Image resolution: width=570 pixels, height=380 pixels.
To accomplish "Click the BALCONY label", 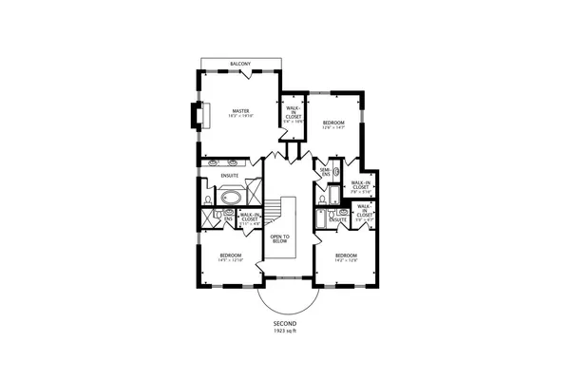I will [x=240, y=65].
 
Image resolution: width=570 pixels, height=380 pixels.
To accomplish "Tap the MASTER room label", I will [x=239, y=111].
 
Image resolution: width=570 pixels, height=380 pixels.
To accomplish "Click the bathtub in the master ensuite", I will [x=231, y=199].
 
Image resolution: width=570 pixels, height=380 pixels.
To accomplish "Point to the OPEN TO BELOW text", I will [x=279, y=239].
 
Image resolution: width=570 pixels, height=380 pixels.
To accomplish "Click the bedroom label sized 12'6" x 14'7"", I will [x=332, y=123].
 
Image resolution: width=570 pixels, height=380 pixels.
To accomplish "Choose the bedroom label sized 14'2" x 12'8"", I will [x=346, y=256].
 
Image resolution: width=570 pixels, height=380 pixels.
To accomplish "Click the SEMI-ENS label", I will [x=325, y=173].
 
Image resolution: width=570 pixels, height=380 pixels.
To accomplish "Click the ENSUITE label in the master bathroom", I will [x=230, y=175].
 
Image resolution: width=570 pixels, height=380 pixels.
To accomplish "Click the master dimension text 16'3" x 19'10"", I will [x=239, y=117].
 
